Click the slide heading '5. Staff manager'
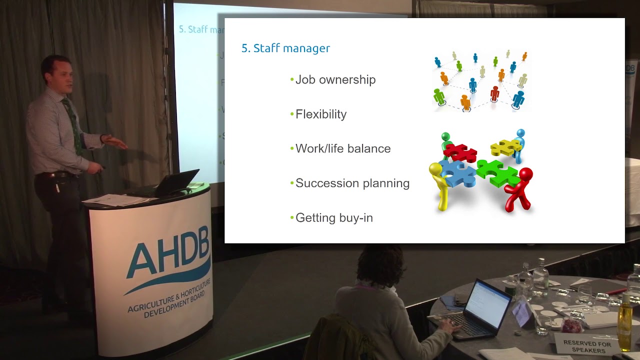(x=285, y=48)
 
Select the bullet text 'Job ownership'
(x=335, y=80)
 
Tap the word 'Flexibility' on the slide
(x=320, y=114)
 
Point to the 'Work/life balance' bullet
(x=342, y=149)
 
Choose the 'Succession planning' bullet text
(x=352, y=183)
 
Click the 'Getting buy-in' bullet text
(x=333, y=218)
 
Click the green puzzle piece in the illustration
(x=497, y=172)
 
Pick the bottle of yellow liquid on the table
(x=625, y=325)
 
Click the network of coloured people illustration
(x=480, y=80)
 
